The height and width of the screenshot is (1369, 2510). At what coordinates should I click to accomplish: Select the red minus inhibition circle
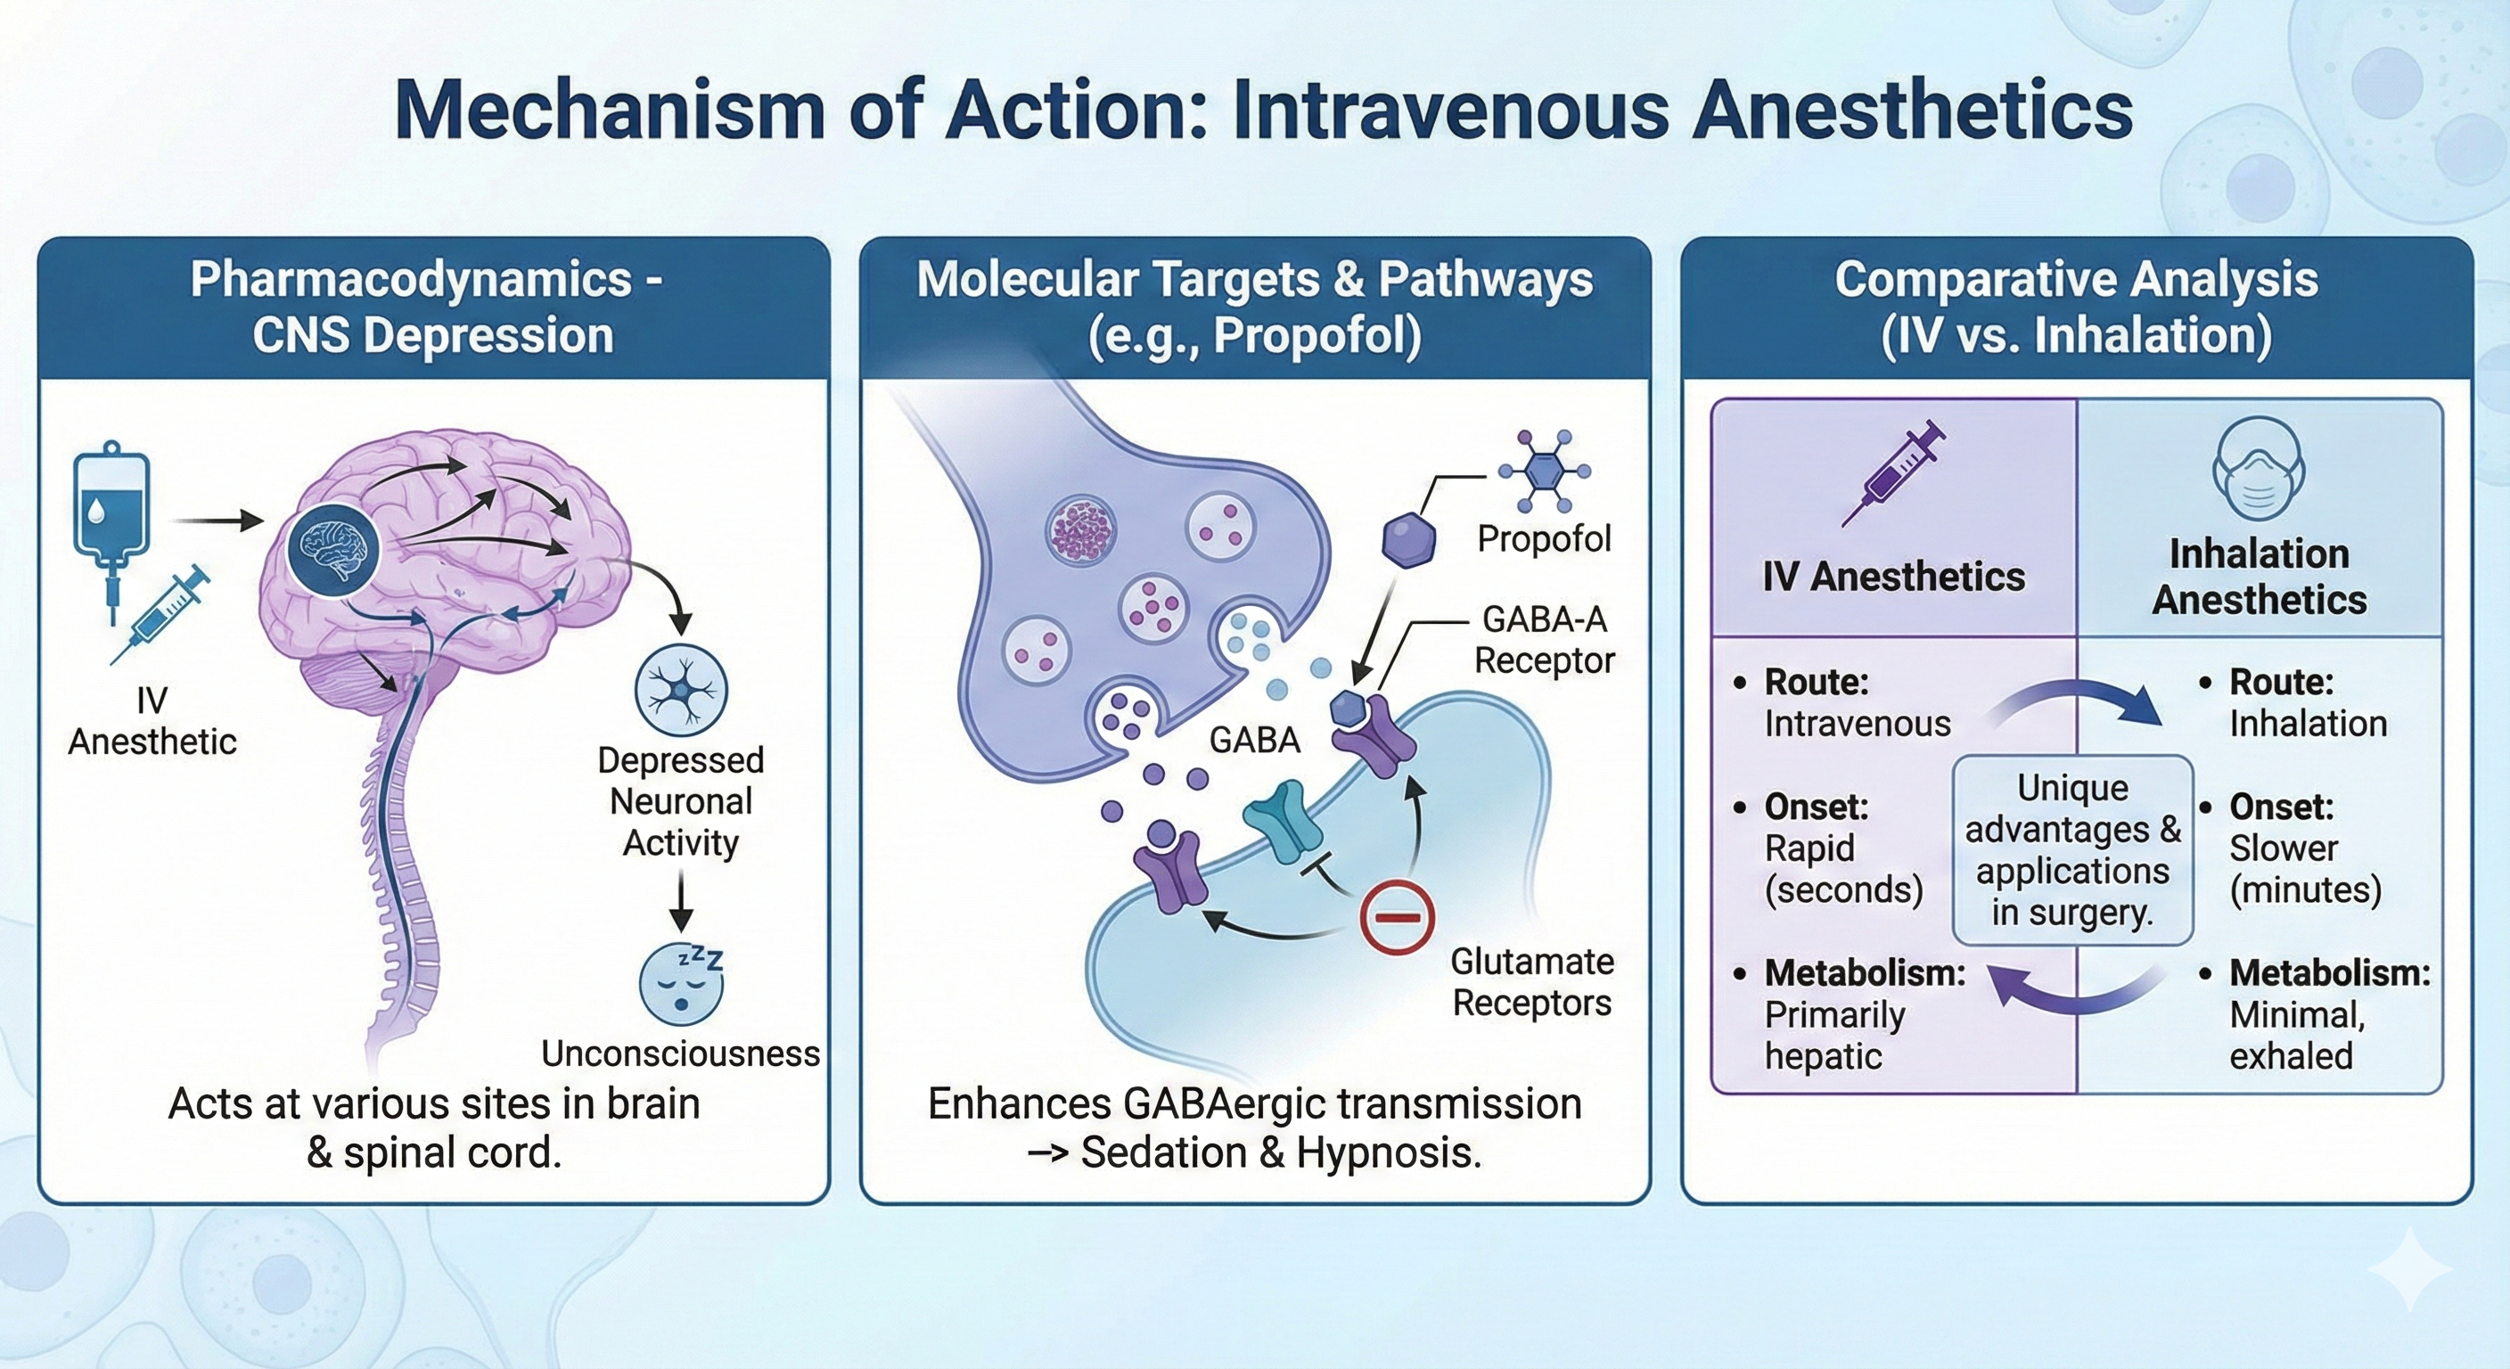click(1397, 916)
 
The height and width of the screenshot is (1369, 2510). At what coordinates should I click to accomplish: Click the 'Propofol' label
click(1544, 539)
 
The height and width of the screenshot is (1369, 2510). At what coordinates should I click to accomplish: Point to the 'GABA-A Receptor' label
click(1544, 639)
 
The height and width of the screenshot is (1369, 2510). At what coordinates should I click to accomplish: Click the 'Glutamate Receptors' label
click(1531, 981)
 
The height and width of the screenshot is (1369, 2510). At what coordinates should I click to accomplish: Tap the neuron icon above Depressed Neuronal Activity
click(681, 689)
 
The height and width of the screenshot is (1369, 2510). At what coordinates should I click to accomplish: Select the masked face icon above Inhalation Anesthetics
click(2258, 470)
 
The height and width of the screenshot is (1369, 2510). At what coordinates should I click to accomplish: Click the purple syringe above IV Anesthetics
click(1893, 474)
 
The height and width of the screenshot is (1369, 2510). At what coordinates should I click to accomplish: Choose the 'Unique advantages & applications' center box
click(2072, 849)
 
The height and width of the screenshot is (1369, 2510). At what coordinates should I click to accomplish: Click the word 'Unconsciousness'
click(680, 1053)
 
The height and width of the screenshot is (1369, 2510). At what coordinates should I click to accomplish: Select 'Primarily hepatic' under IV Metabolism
click(1833, 1035)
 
